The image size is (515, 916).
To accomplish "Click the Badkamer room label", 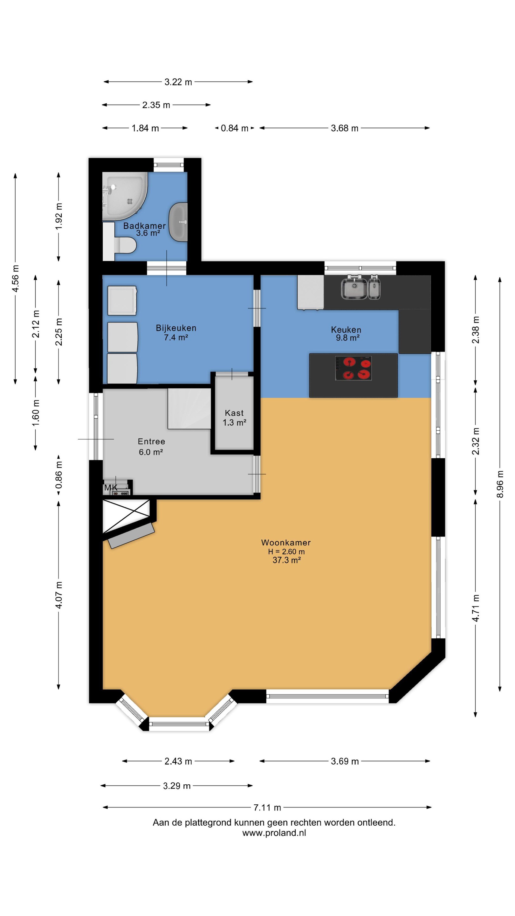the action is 144,226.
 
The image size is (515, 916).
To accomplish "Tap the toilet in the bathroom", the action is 125,245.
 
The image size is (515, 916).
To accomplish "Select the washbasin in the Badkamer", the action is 178,222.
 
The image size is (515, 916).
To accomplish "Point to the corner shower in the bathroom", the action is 124,196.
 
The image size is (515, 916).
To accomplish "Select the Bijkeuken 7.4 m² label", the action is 176,332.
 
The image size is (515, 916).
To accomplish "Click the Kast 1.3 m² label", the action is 235,418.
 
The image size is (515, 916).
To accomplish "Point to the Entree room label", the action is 151,441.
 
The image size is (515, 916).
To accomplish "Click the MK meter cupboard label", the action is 111,488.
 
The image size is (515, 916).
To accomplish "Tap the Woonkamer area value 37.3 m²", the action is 287,560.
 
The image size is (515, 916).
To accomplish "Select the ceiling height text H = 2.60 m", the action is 286,552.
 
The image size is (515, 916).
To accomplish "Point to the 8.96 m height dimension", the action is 500,484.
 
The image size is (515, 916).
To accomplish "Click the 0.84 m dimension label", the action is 235,128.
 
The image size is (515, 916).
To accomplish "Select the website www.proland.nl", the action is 274,833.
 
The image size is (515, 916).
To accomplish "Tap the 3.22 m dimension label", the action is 178,82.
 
